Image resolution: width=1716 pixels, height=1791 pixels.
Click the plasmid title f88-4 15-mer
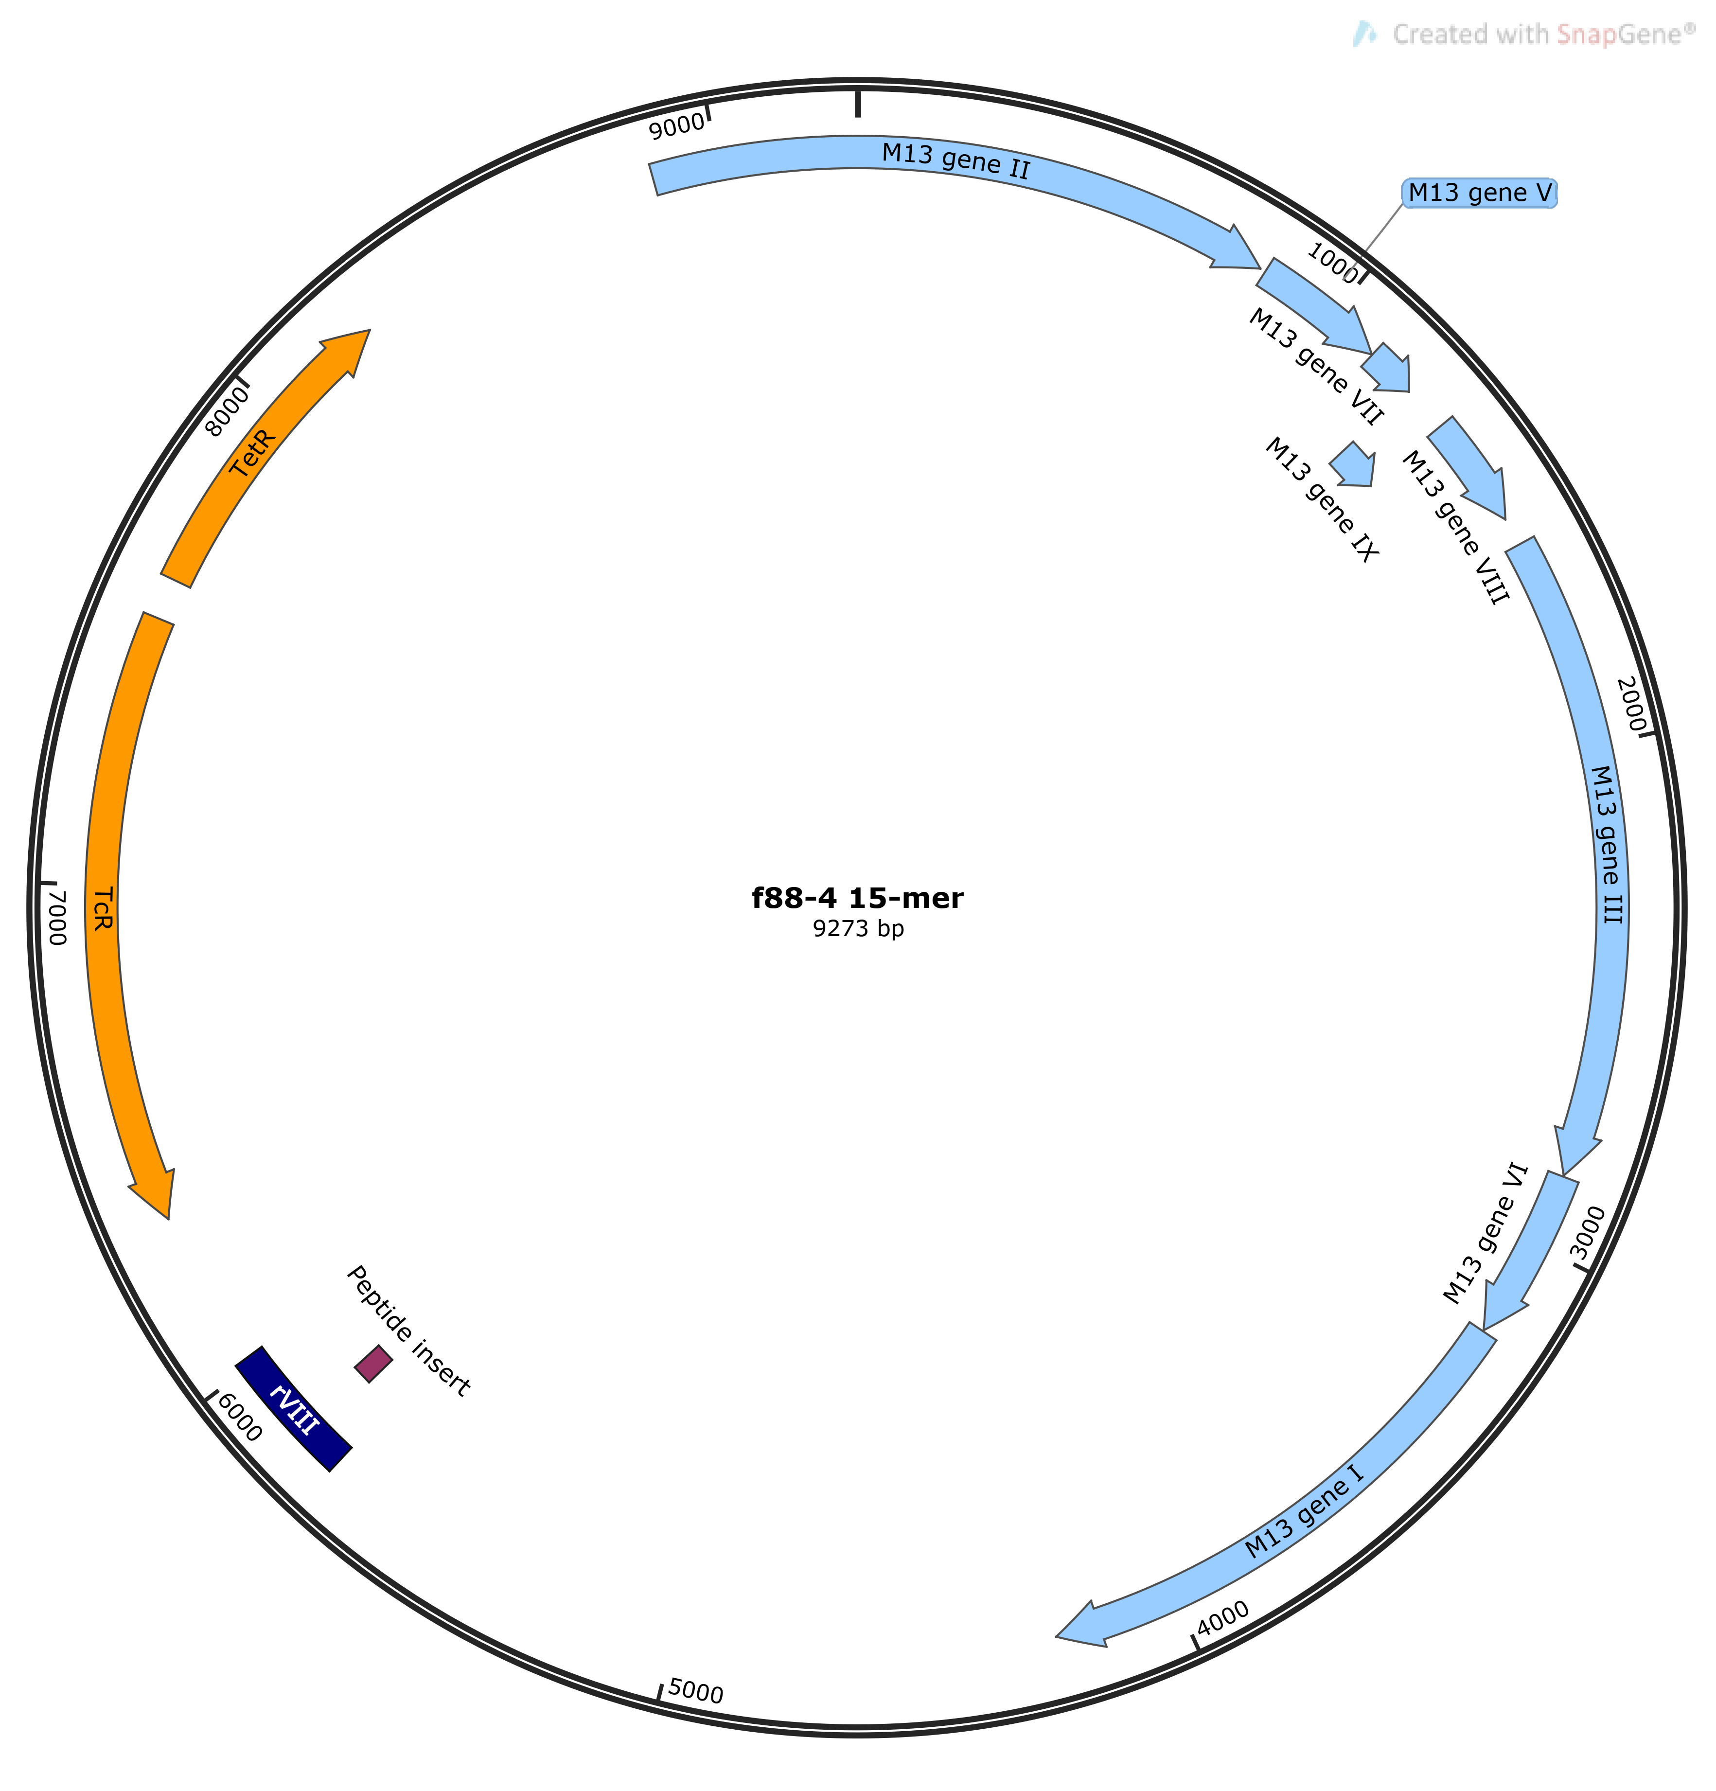pyautogui.click(x=857, y=898)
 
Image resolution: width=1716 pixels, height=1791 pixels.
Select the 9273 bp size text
pyautogui.click(x=858, y=929)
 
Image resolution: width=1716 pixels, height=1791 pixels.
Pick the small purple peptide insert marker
pyautogui.click(x=373, y=1364)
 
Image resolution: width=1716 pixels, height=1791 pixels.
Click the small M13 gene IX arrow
pyautogui.click(x=1353, y=464)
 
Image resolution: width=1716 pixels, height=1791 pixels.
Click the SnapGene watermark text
pyautogui.click(x=1544, y=35)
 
